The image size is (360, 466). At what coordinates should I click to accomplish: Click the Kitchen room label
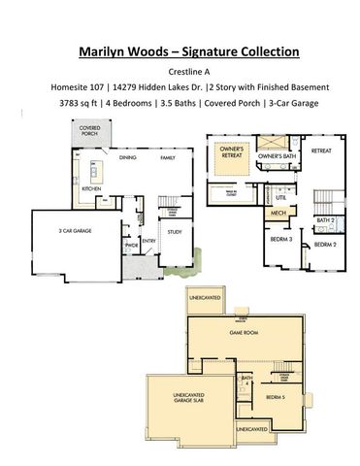tap(91, 188)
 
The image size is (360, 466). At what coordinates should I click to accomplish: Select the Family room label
tap(168, 156)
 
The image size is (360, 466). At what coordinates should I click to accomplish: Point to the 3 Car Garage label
tap(74, 231)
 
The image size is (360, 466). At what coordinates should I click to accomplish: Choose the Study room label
tap(175, 232)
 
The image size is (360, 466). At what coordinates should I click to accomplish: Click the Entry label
tap(149, 241)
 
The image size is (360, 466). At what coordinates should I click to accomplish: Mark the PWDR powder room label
tap(129, 247)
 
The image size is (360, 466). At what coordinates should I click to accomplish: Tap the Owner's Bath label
tap(276, 156)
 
